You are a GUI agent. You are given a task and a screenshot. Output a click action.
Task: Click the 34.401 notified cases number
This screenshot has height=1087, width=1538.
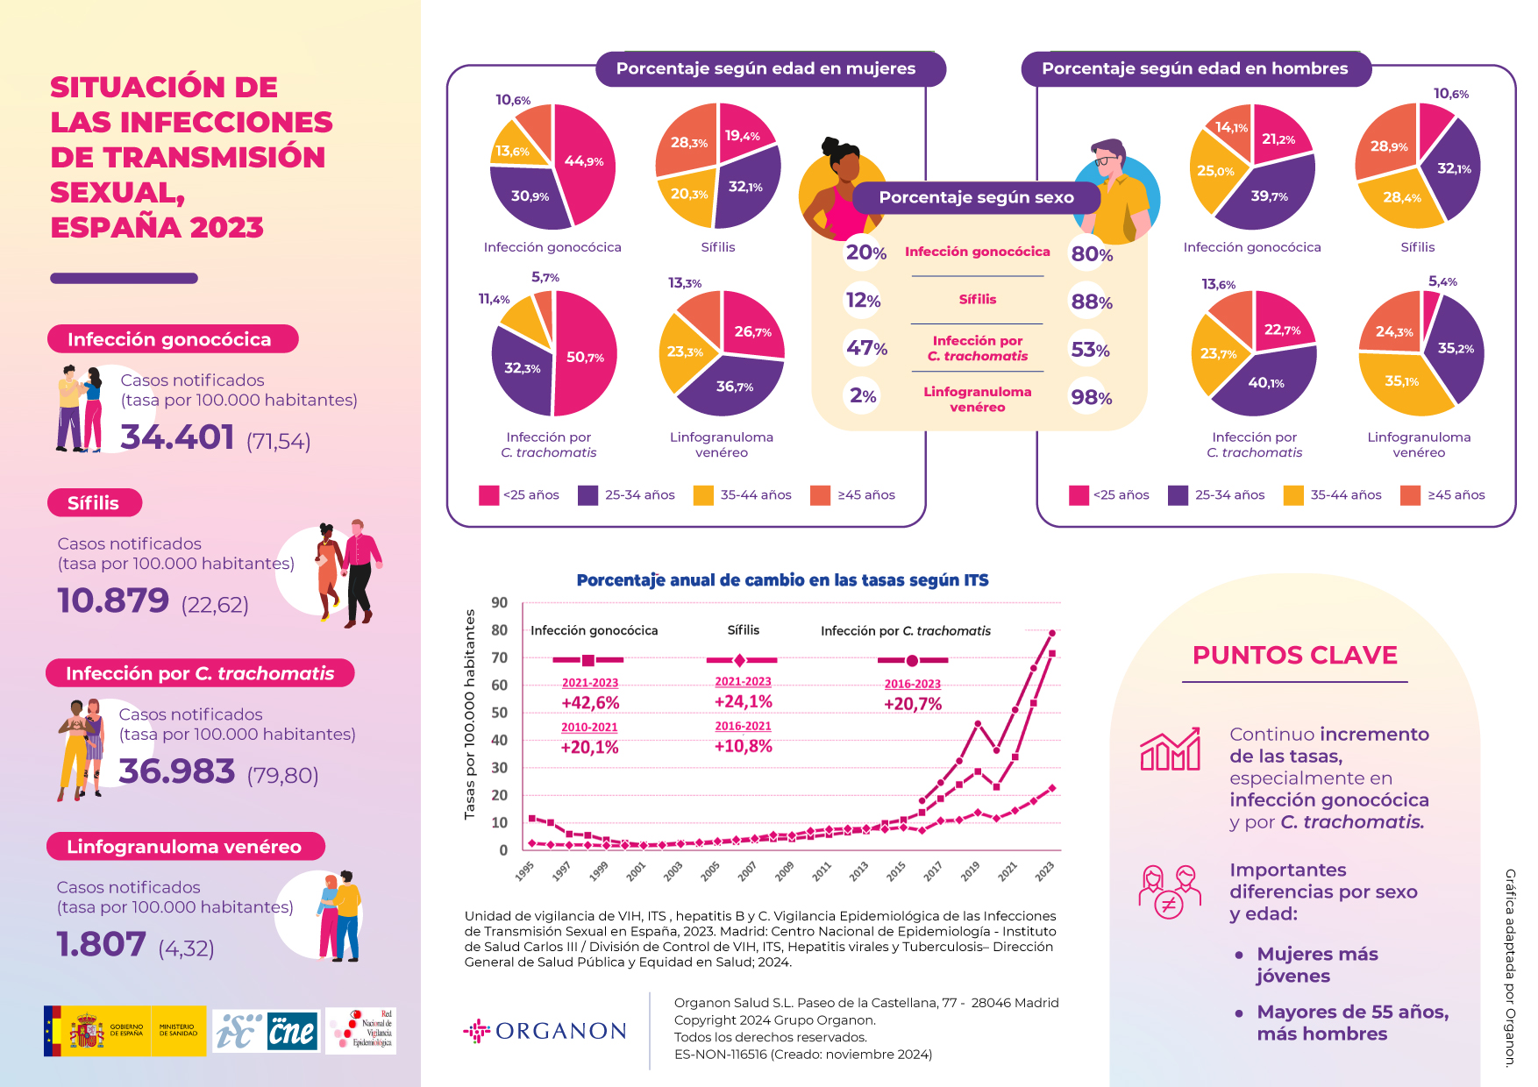177,437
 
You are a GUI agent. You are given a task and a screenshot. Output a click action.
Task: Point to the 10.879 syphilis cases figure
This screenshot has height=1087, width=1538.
113,600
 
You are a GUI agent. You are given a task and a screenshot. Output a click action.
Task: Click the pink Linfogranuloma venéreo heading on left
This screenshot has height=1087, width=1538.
184,847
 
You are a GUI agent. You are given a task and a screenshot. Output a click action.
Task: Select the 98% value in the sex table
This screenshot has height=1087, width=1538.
1091,398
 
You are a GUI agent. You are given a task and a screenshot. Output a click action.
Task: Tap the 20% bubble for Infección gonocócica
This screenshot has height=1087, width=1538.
865,252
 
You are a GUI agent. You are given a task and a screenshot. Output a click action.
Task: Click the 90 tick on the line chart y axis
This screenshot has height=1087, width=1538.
499,602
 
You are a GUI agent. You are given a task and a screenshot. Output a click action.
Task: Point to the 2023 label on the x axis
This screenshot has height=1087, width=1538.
1044,870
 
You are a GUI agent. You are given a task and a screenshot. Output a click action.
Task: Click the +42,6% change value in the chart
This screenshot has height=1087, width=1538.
590,703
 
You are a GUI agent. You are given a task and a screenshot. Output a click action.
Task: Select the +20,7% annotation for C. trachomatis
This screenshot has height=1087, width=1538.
913,704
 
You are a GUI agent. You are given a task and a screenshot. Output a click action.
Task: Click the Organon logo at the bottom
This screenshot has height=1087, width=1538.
545,1031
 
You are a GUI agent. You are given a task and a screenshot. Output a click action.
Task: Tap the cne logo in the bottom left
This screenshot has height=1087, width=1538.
291,1032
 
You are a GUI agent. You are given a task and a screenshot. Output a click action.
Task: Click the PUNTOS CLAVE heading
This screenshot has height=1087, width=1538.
1294,656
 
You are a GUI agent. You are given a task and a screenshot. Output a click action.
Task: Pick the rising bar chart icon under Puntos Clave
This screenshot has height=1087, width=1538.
1170,750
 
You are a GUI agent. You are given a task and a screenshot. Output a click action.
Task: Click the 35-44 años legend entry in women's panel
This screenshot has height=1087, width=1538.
743,495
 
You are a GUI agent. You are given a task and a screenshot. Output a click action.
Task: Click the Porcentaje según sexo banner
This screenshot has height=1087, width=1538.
976,198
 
